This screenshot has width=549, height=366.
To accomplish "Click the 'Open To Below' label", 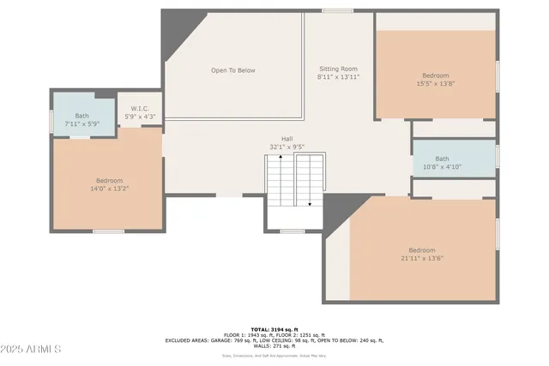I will pyautogui.click(x=233, y=70).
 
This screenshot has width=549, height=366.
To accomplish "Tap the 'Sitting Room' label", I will pyautogui.click(x=337, y=69).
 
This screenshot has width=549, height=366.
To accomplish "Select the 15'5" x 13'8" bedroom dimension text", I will pyautogui.click(x=435, y=83).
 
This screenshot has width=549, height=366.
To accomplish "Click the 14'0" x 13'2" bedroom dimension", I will pyautogui.click(x=109, y=189).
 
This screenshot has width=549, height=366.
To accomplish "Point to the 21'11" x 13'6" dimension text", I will pyautogui.click(x=421, y=258).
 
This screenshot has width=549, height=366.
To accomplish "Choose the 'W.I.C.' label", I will pyautogui.click(x=141, y=109).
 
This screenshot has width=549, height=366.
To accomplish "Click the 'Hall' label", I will pyautogui.click(x=287, y=138).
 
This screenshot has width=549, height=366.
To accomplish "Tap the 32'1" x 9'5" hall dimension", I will pyautogui.click(x=287, y=147).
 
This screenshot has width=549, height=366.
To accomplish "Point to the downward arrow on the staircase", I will pyautogui.click(x=309, y=203).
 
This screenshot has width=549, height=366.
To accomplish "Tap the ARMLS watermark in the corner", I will pyautogui.click(x=32, y=350).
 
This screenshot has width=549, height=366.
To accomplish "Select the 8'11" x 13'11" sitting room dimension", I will pyautogui.click(x=337, y=77).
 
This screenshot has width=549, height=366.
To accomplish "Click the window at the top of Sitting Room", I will pyautogui.click(x=337, y=10).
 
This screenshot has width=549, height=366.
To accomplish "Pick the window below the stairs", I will pyautogui.click(x=293, y=231).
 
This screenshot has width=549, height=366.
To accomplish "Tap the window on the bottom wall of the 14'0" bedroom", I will pyautogui.click(x=108, y=231).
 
